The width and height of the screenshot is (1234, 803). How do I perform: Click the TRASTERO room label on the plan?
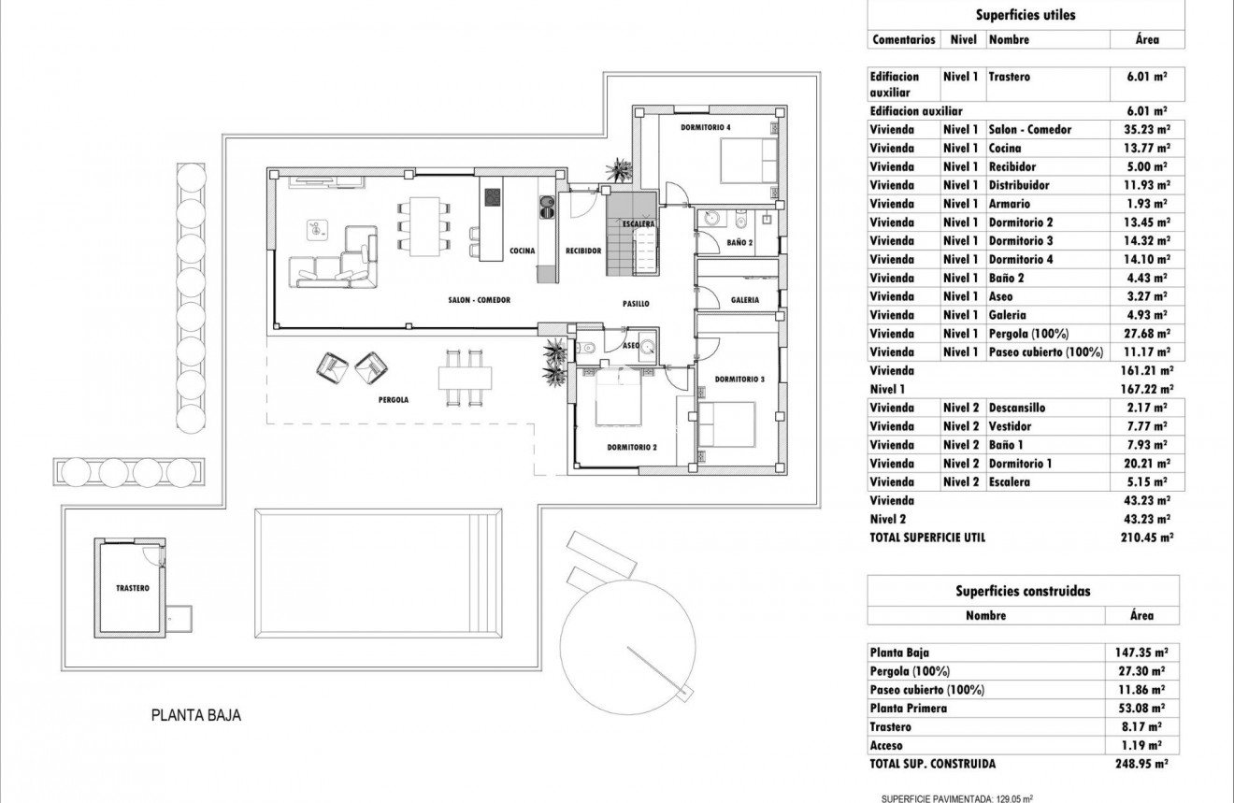(x=132, y=588)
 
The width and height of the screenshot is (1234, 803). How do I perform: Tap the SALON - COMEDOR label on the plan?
(x=480, y=300)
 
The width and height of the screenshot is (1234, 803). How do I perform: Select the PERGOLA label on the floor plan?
(x=394, y=399)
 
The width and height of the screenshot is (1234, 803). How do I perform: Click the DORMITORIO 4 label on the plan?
(x=706, y=127)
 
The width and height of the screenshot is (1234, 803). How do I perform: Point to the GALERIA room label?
(x=745, y=300)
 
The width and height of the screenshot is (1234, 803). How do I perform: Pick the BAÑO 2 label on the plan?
(x=739, y=243)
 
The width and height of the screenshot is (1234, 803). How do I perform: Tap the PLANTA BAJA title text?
(x=196, y=716)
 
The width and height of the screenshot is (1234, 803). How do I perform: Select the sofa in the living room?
(x=337, y=257)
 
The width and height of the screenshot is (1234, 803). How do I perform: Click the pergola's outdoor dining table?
(x=465, y=378)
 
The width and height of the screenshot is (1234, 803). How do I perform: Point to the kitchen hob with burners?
(x=493, y=197)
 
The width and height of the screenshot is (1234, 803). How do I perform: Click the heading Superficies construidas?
(x=1023, y=591)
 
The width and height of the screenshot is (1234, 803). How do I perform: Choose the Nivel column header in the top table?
(x=963, y=40)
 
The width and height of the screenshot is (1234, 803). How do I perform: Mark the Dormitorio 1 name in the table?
(x=1020, y=464)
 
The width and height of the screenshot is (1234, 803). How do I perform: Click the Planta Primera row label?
(x=908, y=709)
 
